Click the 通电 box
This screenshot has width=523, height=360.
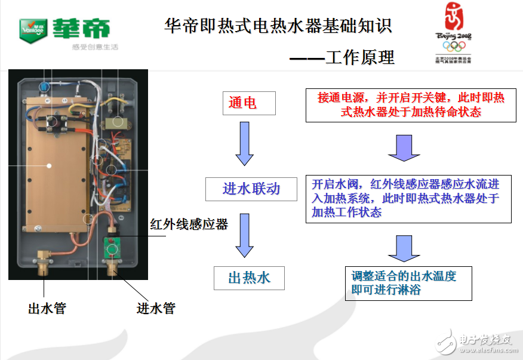coord(249,103)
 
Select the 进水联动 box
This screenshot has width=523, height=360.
coord(251,189)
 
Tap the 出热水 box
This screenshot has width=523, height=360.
coord(249,278)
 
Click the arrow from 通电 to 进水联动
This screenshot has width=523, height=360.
coord(245,143)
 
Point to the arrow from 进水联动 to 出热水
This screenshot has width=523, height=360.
coord(245,235)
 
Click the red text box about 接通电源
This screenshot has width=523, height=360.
coord(411,105)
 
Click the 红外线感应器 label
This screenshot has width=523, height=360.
coord(189,224)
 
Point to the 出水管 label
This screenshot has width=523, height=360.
coord(47,308)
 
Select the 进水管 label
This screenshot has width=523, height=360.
coord(156,308)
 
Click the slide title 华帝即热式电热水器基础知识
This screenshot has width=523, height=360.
coord(278,26)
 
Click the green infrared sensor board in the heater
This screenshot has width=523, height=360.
coord(112,246)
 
